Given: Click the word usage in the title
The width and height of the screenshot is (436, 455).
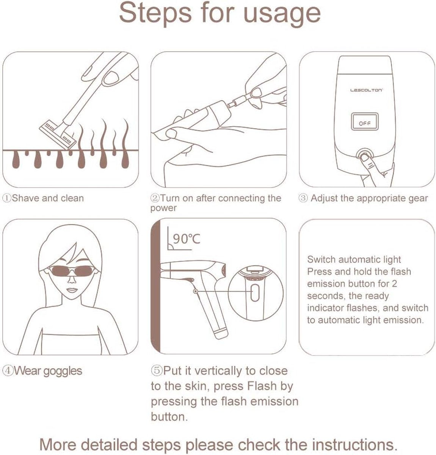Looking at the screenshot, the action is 282,14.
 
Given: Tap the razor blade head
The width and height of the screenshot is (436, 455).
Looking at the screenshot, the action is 58,135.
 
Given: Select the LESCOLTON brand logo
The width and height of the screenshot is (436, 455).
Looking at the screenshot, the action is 366,90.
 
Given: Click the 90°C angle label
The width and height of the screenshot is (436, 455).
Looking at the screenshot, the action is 186,239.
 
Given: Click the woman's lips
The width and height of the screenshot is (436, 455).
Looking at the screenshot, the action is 72,290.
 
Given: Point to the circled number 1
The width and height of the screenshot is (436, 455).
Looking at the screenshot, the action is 7,198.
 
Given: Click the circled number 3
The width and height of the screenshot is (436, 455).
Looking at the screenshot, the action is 303,198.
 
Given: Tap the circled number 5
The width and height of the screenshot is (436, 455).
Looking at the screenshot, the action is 157,370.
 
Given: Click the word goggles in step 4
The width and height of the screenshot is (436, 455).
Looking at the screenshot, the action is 63,372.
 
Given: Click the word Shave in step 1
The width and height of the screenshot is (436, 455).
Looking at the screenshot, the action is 26,198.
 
